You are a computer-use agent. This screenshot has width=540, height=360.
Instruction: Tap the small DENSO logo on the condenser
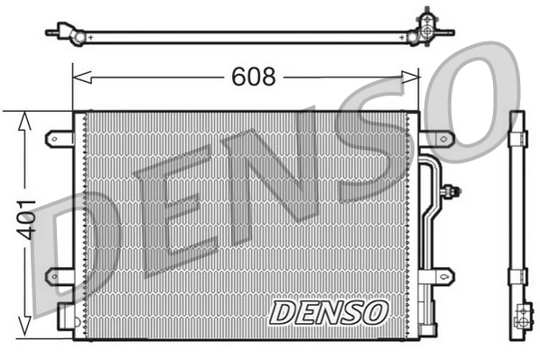pyautogui.click(x=328, y=312)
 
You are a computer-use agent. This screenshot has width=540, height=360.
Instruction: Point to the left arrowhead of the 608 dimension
pyautogui.click(x=78, y=78)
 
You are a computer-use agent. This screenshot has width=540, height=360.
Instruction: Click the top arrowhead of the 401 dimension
pyautogui.click(x=23, y=116)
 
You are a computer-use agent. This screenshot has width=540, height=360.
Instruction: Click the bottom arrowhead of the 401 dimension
pyautogui.click(x=23, y=333)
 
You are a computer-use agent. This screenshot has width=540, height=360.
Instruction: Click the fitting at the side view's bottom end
pyautogui.click(x=520, y=318)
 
